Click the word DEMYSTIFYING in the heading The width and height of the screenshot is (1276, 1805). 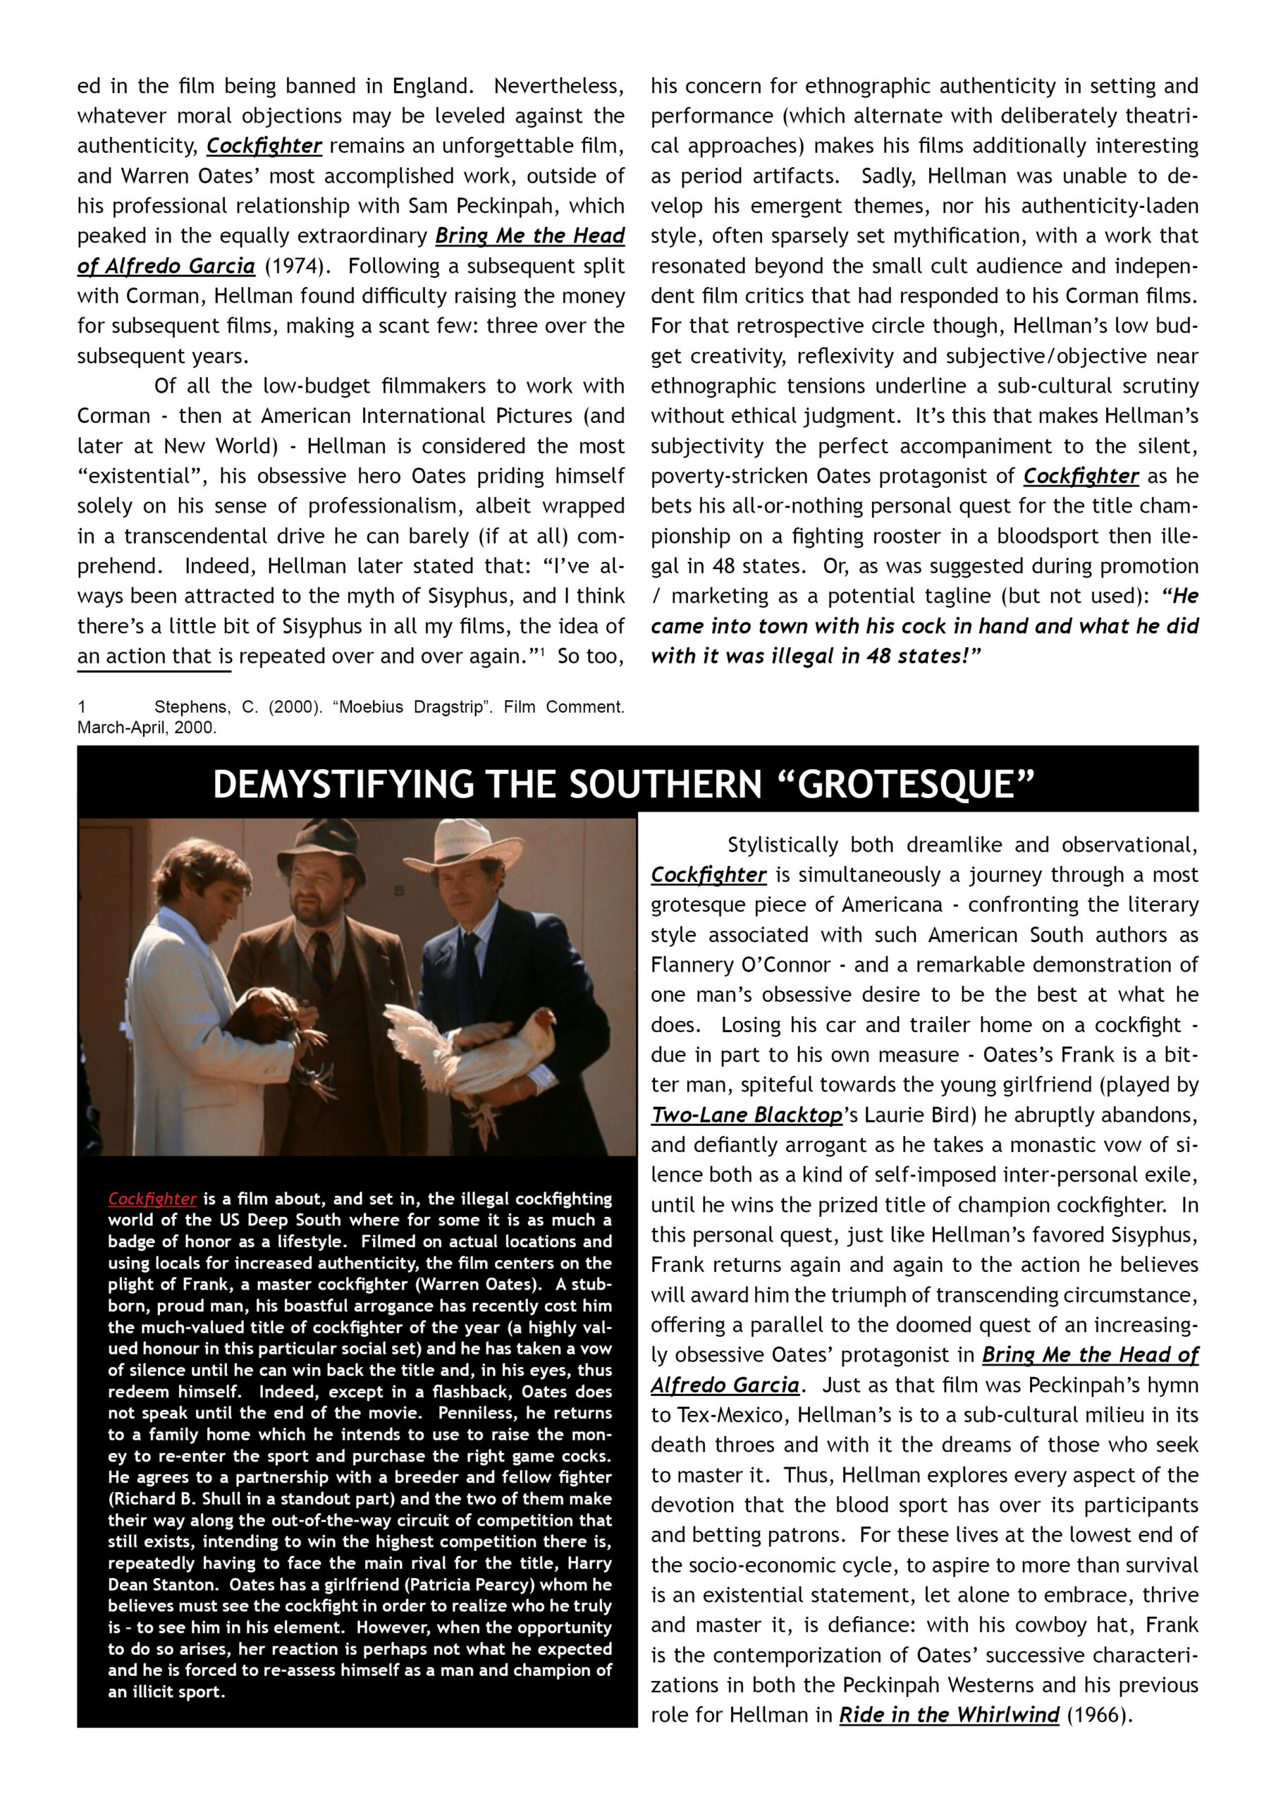tap(343, 785)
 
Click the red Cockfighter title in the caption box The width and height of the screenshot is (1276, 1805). tap(152, 1198)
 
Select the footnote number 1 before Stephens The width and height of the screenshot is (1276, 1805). tap(82, 706)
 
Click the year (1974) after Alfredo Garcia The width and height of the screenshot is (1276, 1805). tap(294, 266)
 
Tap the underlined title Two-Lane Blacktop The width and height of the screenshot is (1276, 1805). tap(746, 1115)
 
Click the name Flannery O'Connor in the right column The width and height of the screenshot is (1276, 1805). tap(740, 965)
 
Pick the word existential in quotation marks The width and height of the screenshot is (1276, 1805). tap(134, 476)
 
